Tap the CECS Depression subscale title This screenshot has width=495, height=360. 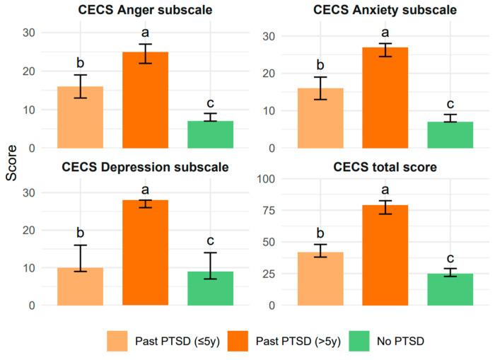[145, 168]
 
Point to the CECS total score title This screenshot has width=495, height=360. [385, 168]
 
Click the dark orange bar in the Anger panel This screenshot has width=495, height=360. [145, 100]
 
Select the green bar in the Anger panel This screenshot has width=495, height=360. [210, 134]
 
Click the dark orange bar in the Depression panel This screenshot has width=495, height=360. [145, 252]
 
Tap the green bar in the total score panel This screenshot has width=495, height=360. [450, 289]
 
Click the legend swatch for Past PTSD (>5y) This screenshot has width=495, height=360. [238, 341]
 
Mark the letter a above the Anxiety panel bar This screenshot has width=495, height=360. [385, 33]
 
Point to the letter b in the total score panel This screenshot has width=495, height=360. [320, 233]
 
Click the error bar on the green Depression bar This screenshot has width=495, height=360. [210, 265]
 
